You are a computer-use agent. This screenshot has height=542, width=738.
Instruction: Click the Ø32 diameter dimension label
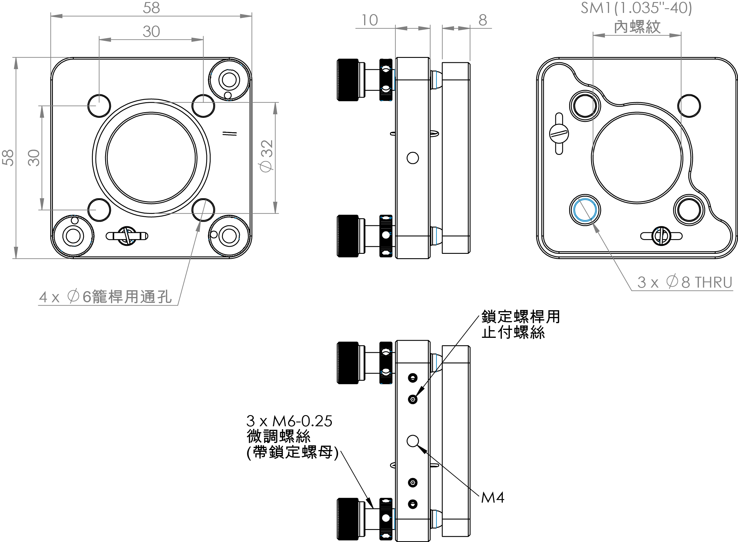[x=267, y=156]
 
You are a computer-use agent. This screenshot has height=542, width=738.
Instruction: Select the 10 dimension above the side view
[x=370, y=20]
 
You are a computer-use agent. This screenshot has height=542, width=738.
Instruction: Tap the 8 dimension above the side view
[x=483, y=20]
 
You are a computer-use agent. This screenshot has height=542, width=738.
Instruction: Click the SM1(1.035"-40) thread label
[x=636, y=8]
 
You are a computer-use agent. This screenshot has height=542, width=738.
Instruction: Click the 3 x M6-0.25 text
[x=289, y=421]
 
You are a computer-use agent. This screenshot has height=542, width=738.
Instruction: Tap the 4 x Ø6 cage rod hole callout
[x=105, y=297]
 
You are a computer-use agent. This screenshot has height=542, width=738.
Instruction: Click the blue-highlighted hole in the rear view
[x=585, y=210]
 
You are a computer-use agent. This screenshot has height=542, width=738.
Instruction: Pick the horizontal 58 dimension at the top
[x=151, y=8]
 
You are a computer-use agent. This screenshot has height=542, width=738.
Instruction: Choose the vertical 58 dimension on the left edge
[x=8, y=158]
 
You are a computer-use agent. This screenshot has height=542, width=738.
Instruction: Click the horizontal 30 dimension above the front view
[x=151, y=32]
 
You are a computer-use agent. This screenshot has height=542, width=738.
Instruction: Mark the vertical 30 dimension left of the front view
[x=33, y=158]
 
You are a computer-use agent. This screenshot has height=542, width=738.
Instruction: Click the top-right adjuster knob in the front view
[x=229, y=80]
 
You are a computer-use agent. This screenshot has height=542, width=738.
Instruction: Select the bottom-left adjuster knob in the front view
[x=73, y=236]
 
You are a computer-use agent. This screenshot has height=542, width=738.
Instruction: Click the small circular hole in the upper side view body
[x=413, y=158]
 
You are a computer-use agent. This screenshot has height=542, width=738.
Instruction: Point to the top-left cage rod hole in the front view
[x=99, y=106]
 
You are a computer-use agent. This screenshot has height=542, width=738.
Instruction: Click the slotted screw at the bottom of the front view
[x=127, y=236]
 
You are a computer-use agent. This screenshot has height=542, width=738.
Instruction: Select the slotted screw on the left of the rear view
[x=559, y=134]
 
